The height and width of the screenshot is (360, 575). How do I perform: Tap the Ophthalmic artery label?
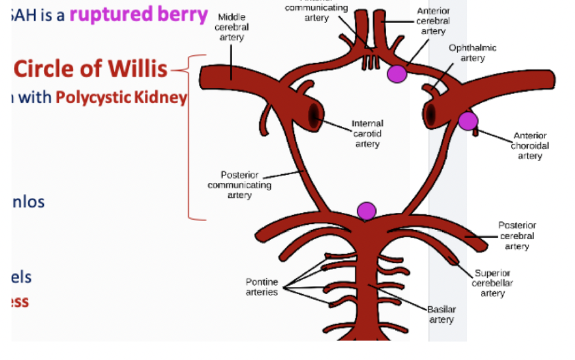472,53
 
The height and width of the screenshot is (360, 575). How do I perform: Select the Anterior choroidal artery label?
529,146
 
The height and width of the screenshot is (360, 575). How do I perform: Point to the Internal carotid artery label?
367,133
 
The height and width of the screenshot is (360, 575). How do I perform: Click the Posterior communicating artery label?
239,185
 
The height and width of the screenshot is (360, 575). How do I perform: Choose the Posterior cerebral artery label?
517,236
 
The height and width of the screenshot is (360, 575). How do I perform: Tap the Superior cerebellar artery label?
492,283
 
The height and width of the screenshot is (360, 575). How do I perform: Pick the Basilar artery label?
441,314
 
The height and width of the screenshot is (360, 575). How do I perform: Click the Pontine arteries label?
262,287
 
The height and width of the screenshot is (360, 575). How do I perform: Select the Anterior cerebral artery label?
433,21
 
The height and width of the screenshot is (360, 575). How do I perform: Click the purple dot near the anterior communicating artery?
397,73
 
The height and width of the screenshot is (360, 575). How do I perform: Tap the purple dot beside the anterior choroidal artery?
468,121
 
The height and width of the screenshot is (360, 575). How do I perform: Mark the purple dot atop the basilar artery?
367,211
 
